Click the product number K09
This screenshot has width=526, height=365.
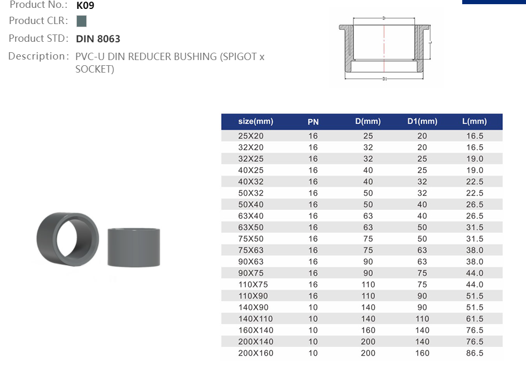pyautogui.click(x=85, y=6)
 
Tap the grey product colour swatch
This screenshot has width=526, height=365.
pyautogui.click(x=81, y=21)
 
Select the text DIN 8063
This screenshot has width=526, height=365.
pyautogui.click(x=98, y=39)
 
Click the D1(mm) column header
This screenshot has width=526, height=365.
pyautogui.click(x=422, y=122)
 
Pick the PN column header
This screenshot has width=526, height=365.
pyautogui.click(x=313, y=122)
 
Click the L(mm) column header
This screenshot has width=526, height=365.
pyautogui.click(x=474, y=122)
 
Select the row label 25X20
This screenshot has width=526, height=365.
pyautogui.click(x=251, y=136)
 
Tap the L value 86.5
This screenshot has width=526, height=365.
pyautogui.click(x=475, y=353)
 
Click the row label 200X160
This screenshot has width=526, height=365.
pyautogui.click(x=256, y=353)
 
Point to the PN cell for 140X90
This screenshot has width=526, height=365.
pyautogui.click(x=313, y=308)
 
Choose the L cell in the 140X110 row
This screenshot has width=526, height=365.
pyautogui.click(x=475, y=319)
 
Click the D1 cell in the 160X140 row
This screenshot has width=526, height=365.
pyautogui.click(x=422, y=331)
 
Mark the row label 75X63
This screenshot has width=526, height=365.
pyautogui.click(x=251, y=250)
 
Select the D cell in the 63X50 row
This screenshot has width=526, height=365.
pyautogui.click(x=368, y=228)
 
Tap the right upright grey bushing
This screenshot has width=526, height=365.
pyautogui.click(x=133, y=247)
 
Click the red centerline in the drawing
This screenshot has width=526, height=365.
pyautogui.click(x=384, y=47)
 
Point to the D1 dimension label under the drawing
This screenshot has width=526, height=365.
pyautogui.click(x=384, y=79)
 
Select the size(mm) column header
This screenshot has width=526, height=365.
pyautogui.click(x=256, y=122)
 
